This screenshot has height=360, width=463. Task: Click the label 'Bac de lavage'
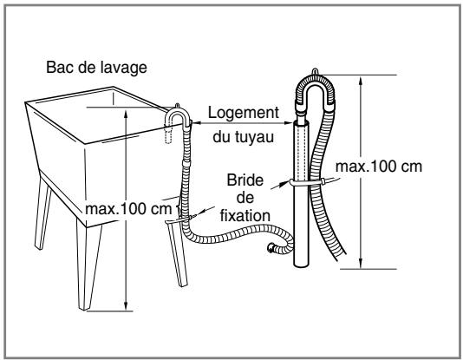(x=96, y=68)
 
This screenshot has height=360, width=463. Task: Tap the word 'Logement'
(x=244, y=113)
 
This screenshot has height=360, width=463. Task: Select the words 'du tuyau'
(x=244, y=137)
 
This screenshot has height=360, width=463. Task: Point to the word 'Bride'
(x=245, y=180)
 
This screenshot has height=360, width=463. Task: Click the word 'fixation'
(x=245, y=216)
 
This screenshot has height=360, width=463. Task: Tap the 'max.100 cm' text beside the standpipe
(x=379, y=167)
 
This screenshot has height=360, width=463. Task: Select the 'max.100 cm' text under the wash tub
(x=128, y=209)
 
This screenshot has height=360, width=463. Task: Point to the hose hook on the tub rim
(x=178, y=115)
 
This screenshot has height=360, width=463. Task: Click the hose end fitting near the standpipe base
(x=271, y=247)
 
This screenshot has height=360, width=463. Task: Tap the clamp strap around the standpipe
(x=307, y=182)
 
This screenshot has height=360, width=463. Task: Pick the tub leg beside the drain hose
(x=178, y=254)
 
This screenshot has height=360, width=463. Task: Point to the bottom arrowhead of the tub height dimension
(x=126, y=305)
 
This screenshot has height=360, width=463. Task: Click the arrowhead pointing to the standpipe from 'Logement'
(x=289, y=123)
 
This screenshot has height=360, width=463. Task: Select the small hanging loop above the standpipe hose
(x=316, y=71)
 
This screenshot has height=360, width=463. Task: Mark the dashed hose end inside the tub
(x=168, y=134)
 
